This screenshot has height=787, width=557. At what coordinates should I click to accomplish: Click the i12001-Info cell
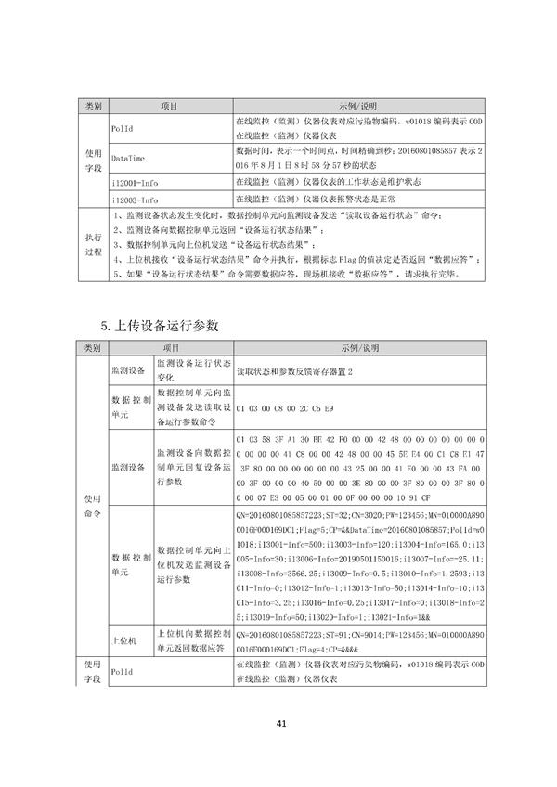pos(135,181)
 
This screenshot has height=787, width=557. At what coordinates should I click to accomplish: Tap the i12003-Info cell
pos(135,200)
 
